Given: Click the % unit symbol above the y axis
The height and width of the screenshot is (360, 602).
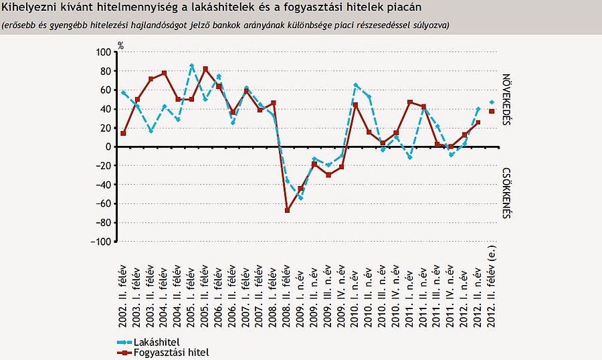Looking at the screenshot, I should [121, 46].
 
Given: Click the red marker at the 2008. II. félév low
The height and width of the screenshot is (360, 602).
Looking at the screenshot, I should [287, 210].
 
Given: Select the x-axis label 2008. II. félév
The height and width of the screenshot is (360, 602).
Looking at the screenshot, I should [287, 292].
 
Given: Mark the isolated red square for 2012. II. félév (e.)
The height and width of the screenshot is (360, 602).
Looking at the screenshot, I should [492, 111].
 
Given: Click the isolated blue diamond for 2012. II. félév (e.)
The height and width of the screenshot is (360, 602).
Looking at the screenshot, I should [492, 102].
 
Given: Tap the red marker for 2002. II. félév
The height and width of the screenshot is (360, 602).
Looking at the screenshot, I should [124, 133].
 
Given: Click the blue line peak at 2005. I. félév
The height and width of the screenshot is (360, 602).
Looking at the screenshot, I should [192, 66].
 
